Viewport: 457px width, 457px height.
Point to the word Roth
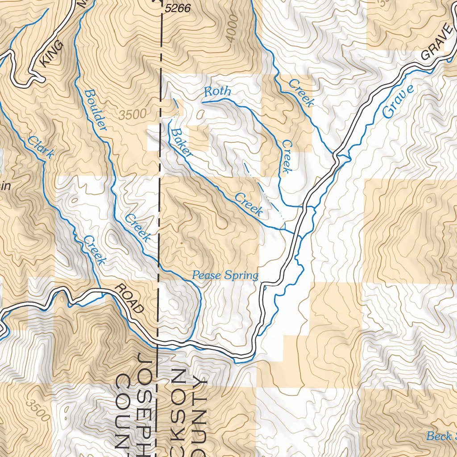coord(217,92)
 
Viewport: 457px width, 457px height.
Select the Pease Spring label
coord(225,275)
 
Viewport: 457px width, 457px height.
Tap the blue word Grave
coord(398,101)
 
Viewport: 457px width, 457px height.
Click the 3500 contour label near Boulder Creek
coord(133,114)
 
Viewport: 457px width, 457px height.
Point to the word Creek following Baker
coord(249,204)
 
